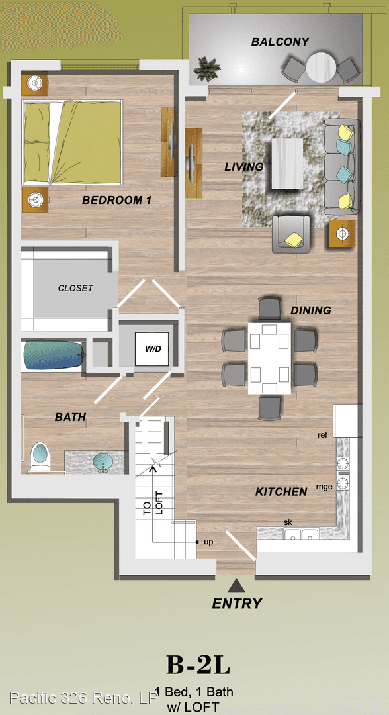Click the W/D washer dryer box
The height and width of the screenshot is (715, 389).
click(x=151, y=349)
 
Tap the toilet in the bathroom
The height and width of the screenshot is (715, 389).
click(x=40, y=457)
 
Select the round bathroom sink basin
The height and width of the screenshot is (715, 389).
click(x=103, y=462)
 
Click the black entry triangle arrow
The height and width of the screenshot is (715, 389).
click(x=236, y=585)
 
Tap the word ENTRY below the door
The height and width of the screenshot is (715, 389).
click(x=237, y=604)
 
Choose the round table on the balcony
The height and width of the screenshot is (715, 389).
click(x=321, y=68)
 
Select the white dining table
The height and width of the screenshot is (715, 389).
click(x=270, y=358)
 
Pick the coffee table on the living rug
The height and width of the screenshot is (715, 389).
click(x=287, y=164)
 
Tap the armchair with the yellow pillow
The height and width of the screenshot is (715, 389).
click(x=291, y=234)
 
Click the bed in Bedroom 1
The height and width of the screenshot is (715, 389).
click(x=73, y=142)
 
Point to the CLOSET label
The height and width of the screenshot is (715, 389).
click(x=75, y=288)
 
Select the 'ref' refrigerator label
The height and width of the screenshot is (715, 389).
click(x=322, y=435)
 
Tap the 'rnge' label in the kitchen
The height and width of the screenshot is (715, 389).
click(x=324, y=487)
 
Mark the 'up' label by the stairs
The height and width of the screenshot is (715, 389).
click(x=208, y=542)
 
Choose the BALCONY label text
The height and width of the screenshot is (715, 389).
click(x=280, y=42)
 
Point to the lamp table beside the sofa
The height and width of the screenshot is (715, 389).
click(x=341, y=234)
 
